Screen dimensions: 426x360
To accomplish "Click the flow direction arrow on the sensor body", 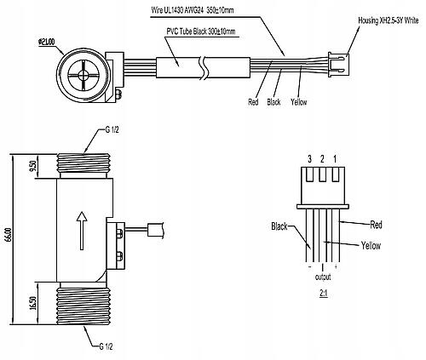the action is [82, 231].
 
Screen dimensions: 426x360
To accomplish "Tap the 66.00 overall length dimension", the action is [9, 239].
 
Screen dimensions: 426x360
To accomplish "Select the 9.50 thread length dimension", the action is [33, 166].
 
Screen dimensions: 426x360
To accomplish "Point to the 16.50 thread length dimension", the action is [33, 304].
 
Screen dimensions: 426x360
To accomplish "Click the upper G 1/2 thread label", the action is [112, 130].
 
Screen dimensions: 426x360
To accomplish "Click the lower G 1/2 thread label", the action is [106, 346].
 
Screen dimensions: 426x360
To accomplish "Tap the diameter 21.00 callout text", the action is [46, 42].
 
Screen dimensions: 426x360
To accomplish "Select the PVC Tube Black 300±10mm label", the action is [201, 31].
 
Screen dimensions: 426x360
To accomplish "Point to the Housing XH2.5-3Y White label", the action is [388, 20].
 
